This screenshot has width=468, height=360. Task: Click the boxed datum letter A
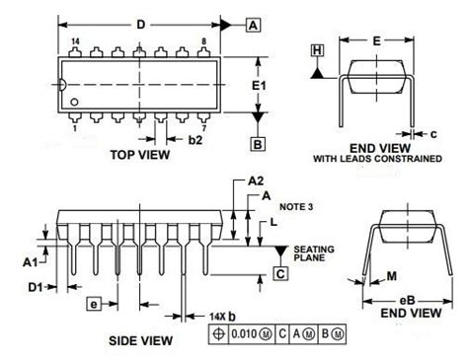(x=253, y=26)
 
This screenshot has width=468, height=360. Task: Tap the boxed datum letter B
(x=258, y=144)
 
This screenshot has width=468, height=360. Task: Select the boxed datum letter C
(x=280, y=273)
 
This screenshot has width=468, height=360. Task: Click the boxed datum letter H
(x=317, y=50)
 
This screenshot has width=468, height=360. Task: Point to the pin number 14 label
(x=75, y=41)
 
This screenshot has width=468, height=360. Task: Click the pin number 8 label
(x=204, y=41)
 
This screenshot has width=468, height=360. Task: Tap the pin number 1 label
(x=75, y=128)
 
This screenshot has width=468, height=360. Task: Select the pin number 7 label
(x=204, y=128)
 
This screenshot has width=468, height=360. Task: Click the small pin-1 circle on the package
(x=74, y=103)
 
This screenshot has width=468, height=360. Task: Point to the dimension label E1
(x=259, y=86)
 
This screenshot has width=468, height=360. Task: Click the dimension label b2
(x=195, y=140)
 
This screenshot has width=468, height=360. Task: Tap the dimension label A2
(x=256, y=180)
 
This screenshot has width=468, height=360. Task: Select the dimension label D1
(x=36, y=287)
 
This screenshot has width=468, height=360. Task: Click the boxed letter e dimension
(x=94, y=304)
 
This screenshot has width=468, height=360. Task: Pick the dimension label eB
(x=407, y=301)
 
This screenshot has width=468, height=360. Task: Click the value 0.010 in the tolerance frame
(x=244, y=334)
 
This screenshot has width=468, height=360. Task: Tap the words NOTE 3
(x=296, y=207)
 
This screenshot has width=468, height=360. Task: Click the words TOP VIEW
(x=140, y=155)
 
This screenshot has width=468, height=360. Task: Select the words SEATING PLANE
(x=314, y=253)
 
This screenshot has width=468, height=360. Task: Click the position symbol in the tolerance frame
(x=218, y=334)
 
